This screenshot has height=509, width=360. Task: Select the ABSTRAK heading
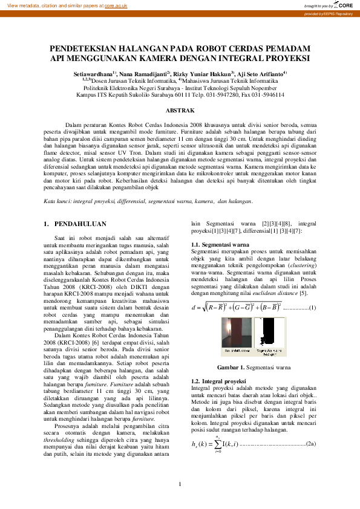coord(180,111)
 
